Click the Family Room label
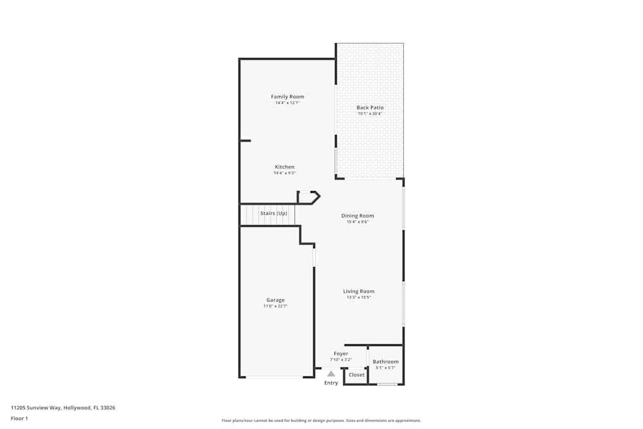[x=287, y=96]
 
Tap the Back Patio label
[x=370, y=107]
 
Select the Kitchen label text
[x=284, y=167]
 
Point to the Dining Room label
[x=358, y=215]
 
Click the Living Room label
[x=358, y=291]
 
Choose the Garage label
[x=275, y=300]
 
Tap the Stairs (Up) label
[x=273, y=213]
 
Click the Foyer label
[x=341, y=353]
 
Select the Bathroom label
[x=385, y=361]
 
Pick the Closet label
[x=356, y=374]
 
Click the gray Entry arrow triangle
[x=331, y=373]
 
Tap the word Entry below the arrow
[x=331, y=383]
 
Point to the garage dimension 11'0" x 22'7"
[x=275, y=306]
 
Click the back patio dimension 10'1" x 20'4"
[x=370, y=114]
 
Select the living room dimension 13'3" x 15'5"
[x=358, y=297]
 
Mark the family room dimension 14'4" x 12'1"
[x=287, y=103]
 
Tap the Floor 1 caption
[x=19, y=418]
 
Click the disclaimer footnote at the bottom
[x=321, y=420]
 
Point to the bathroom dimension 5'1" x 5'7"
[x=385, y=368]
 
